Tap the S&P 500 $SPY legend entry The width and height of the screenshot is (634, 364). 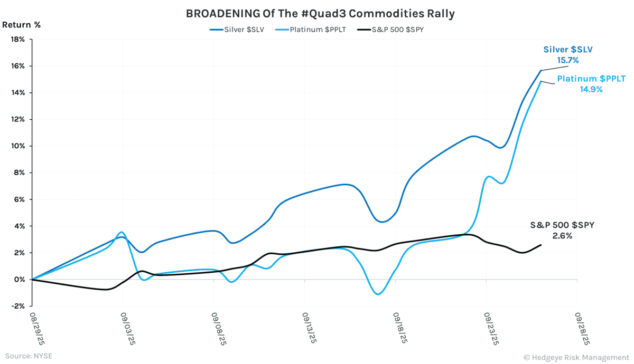(x=391, y=30)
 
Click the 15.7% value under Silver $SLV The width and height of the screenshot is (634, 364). (x=568, y=61)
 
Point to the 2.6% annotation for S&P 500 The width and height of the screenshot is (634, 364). (x=562, y=236)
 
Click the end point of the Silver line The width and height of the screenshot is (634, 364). (x=540, y=70)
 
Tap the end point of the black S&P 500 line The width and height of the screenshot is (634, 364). (x=540, y=245)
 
